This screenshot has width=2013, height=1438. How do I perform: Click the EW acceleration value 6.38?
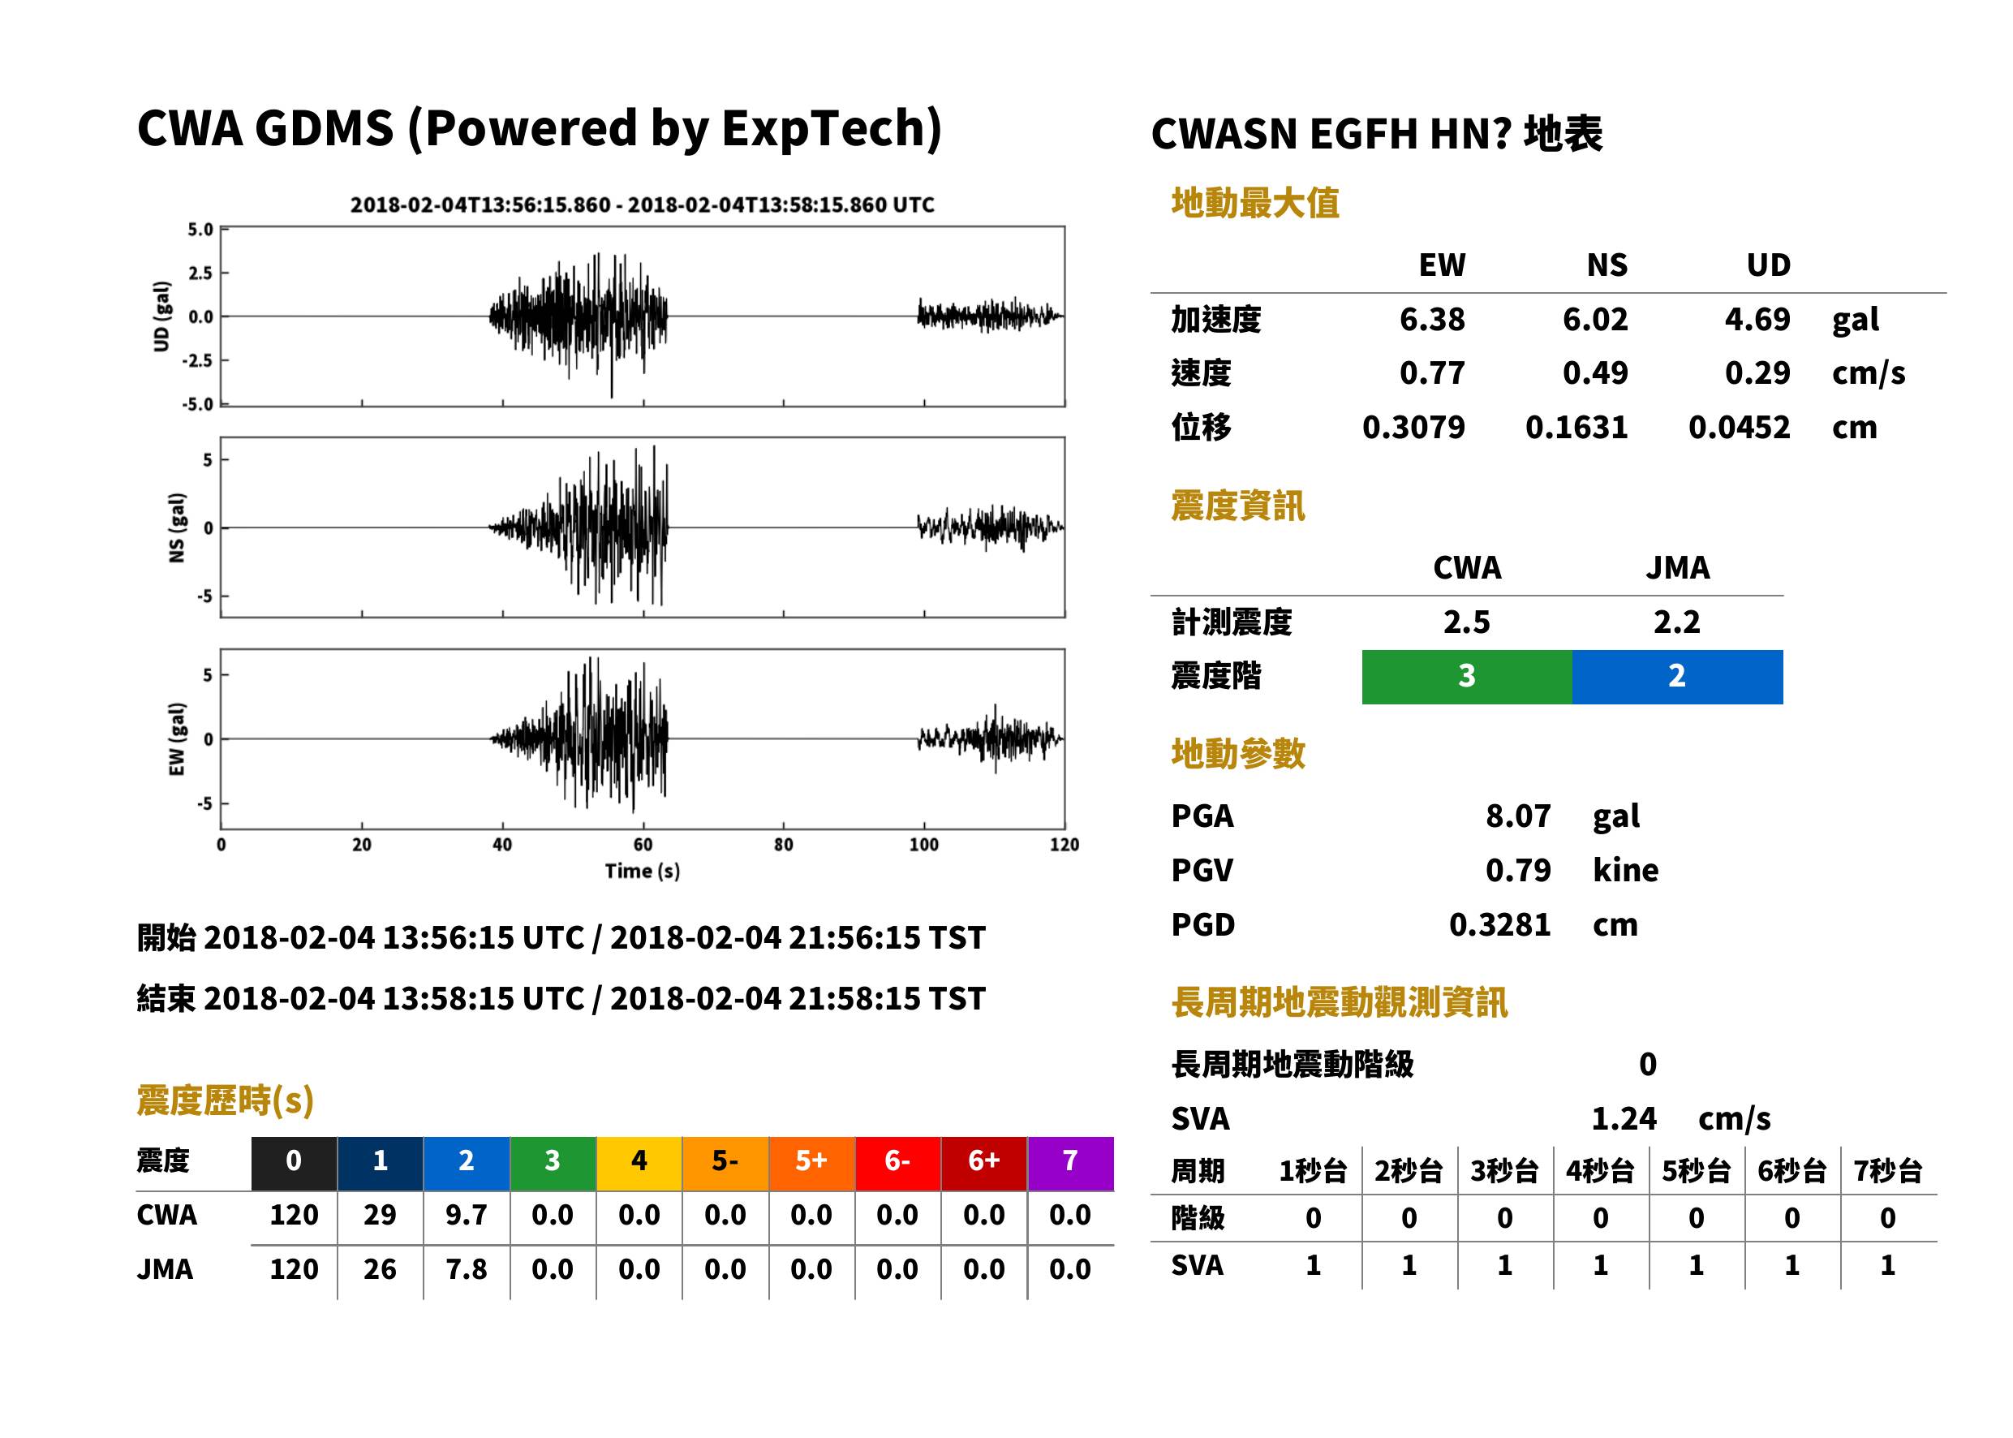click(x=1431, y=319)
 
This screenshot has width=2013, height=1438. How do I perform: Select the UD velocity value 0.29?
click(x=1757, y=372)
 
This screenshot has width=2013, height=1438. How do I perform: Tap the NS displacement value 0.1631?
click(x=1576, y=427)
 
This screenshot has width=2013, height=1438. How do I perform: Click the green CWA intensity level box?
click(x=1467, y=677)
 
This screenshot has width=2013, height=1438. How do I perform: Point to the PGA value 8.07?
click(x=1518, y=816)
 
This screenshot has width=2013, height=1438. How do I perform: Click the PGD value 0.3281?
click(x=1499, y=924)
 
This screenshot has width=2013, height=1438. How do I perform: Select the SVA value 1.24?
click(x=1624, y=1118)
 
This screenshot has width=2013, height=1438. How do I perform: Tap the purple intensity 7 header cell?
click(x=1070, y=1163)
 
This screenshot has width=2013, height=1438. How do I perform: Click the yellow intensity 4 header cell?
click(x=639, y=1163)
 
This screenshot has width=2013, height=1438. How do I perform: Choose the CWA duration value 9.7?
click(x=467, y=1215)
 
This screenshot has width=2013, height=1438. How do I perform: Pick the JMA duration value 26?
click(x=380, y=1269)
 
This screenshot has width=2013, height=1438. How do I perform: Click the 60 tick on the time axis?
click(x=643, y=845)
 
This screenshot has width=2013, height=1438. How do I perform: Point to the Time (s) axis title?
click(x=643, y=872)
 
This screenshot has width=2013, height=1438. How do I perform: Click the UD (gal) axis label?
click(x=161, y=316)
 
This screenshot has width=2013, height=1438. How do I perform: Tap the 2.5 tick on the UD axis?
click(x=201, y=273)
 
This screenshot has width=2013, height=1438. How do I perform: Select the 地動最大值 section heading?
click(x=1255, y=203)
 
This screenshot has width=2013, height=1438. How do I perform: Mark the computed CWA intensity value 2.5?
click(x=1467, y=622)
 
